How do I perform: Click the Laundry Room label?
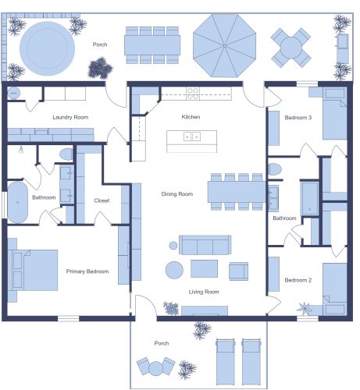(x=70, y=118)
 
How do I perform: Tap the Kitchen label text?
(x=191, y=116)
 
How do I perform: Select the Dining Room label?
(x=177, y=193)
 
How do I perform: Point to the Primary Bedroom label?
(x=87, y=271)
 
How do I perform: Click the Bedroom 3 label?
(x=298, y=118)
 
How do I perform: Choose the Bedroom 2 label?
(x=298, y=280)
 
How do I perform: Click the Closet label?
(x=102, y=200)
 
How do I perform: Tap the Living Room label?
(x=204, y=292)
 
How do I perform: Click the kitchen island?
(x=191, y=140)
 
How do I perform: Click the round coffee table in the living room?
(x=173, y=270)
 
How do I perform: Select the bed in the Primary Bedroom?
(x=35, y=270)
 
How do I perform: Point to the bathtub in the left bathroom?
(x=19, y=201)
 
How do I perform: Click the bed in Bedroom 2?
(x=334, y=289)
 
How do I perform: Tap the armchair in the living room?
(x=238, y=271)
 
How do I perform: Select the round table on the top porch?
(x=290, y=47)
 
